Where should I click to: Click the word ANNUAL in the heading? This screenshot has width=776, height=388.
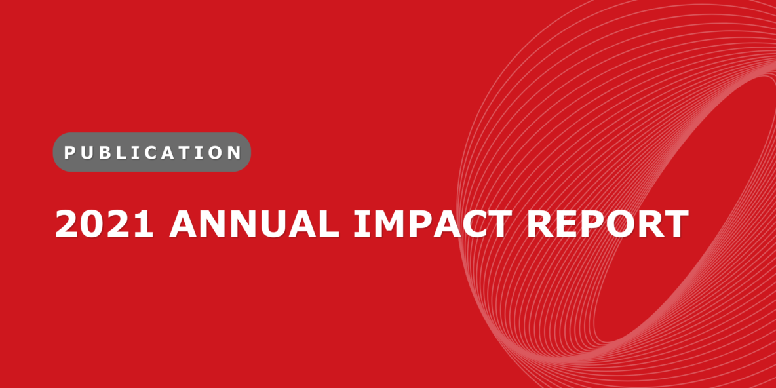254,223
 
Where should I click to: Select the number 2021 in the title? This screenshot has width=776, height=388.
104,223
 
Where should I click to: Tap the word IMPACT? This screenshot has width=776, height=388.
429,223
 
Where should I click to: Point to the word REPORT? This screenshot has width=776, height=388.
607,223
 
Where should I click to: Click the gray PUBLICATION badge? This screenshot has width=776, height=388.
152,152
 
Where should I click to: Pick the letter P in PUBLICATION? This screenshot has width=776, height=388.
69,153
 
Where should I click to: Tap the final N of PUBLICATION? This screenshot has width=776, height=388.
234,153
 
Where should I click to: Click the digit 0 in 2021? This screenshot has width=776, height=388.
92,223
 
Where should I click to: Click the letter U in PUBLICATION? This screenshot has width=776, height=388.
86,153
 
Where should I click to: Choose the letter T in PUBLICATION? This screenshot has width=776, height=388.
188,153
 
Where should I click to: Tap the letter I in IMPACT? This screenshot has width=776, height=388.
360,223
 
